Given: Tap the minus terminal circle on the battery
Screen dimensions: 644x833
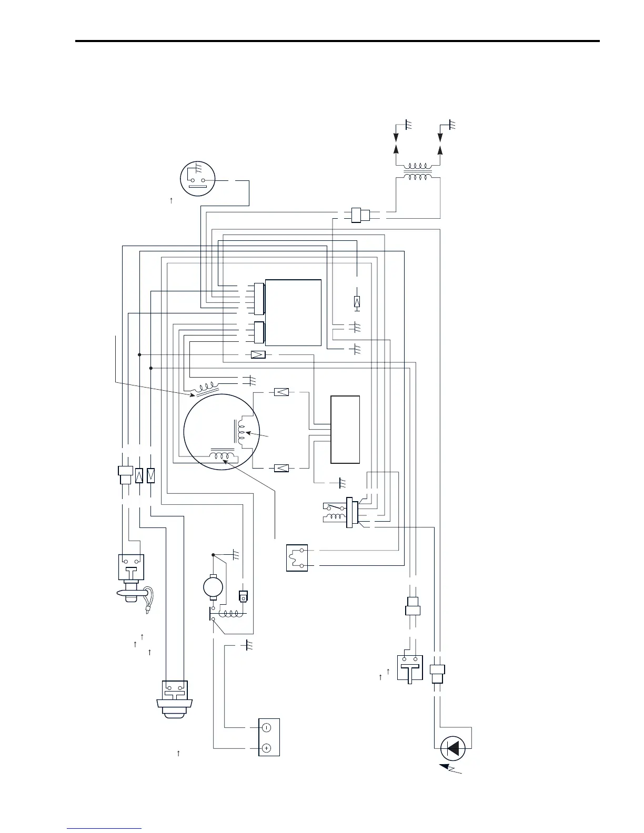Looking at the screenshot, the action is pos(266,728).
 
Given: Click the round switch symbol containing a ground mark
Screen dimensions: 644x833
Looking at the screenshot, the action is pos(198,178).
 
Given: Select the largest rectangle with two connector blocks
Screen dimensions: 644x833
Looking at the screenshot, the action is pos(293,312).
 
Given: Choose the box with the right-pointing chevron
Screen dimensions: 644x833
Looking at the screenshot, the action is pos(258,354).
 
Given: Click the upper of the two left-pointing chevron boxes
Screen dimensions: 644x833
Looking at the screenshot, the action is pos(281,392).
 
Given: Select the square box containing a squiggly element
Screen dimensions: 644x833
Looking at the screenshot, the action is pos(297,558).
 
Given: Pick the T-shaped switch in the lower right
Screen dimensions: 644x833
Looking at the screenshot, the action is pos(410,668).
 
